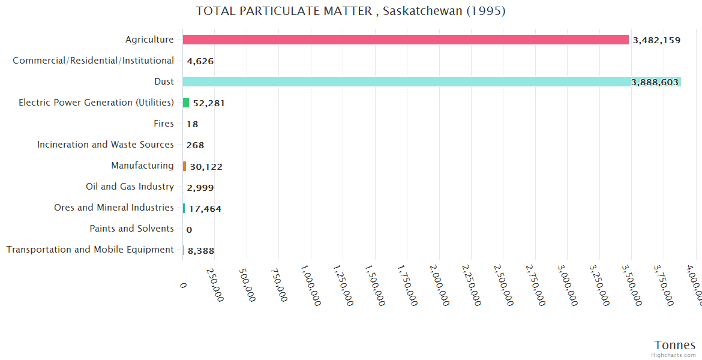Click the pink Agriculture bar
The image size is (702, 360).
coord(406,40)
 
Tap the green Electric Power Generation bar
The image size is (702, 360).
coord(186,103)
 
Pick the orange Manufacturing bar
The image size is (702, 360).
coord(185,166)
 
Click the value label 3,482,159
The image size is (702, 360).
coord(656,40)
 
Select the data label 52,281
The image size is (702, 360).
coord(209,103)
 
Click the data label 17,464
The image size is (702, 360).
coord(205,209)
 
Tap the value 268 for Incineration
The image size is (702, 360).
coord(195,145)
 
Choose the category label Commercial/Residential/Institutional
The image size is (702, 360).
coord(93,61)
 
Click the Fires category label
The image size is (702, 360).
coord(164,124)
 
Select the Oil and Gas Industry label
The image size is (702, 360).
coord(130,187)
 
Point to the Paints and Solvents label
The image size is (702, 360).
coord(131,229)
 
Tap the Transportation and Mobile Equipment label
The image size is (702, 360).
coord(90,250)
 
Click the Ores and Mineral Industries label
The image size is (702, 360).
coord(114,208)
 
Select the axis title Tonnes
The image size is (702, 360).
coord(674,345)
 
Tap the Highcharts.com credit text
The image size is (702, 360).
coord(673,355)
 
